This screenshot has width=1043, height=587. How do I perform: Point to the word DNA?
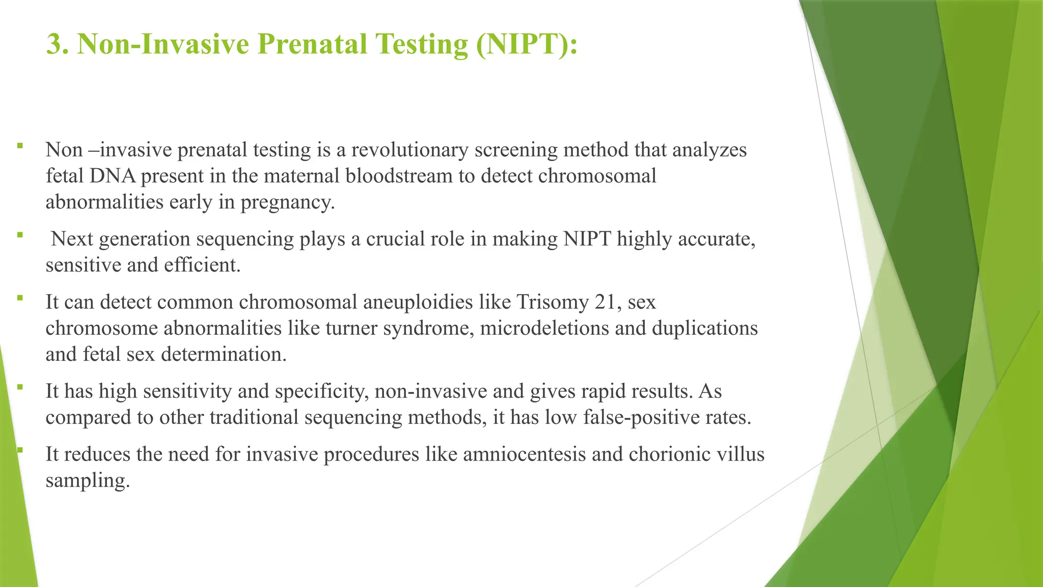(x=113, y=176)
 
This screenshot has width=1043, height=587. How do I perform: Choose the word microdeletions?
(x=544, y=328)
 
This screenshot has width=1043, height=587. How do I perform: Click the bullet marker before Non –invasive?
(x=20, y=146)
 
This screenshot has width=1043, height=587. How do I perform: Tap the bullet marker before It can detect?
(x=20, y=298)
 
